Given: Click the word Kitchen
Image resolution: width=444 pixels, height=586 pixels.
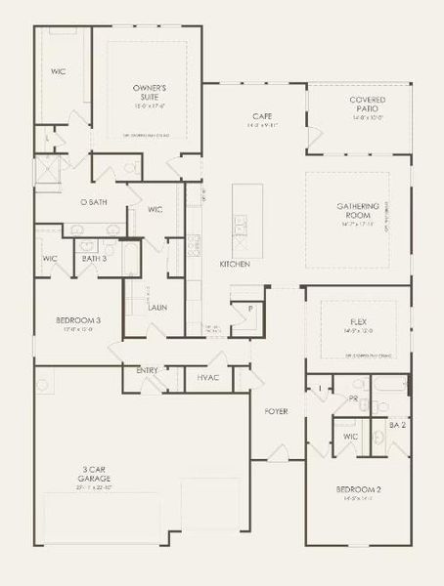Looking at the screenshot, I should click(x=235, y=265).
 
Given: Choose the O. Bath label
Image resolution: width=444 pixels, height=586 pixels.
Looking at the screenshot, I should click(x=93, y=202).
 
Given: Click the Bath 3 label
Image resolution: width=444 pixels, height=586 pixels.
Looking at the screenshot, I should click(x=94, y=259).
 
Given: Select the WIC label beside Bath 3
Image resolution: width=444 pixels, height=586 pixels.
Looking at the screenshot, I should click(x=50, y=259).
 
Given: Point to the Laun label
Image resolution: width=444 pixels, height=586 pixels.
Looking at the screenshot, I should click(x=157, y=307).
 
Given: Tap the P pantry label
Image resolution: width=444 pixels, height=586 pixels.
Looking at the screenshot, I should click(x=249, y=309).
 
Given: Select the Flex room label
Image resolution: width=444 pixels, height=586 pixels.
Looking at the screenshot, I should click(x=358, y=321).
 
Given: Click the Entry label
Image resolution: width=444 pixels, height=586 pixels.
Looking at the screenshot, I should click(x=148, y=370).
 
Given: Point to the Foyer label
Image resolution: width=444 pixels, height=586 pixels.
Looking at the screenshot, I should click(x=276, y=411).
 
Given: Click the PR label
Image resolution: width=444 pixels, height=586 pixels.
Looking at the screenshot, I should click(x=353, y=399).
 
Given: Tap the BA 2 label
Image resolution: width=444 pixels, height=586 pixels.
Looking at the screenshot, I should click(x=397, y=426).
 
